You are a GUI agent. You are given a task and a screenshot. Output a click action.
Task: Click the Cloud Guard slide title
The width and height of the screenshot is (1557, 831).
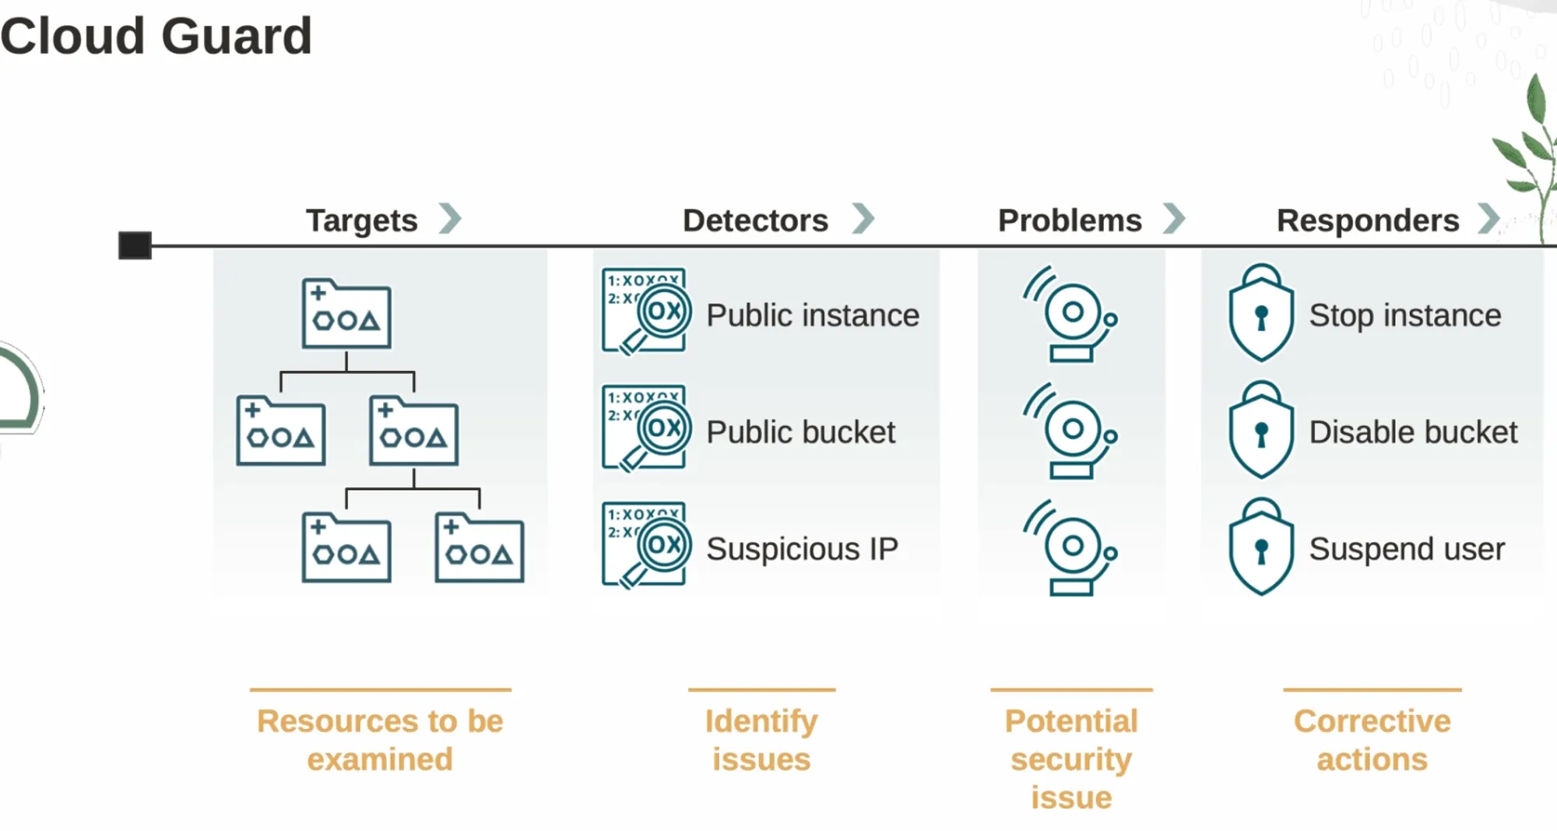click(156, 37)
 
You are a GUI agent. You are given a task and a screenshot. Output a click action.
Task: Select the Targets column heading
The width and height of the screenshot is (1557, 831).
click(362, 220)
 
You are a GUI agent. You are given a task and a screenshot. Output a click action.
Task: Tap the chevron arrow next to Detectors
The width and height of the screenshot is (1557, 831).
click(863, 219)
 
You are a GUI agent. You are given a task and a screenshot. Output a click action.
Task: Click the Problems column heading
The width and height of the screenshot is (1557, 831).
click(1070, 220)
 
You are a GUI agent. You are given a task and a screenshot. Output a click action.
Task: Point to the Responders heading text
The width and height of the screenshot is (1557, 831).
click(1368, 220)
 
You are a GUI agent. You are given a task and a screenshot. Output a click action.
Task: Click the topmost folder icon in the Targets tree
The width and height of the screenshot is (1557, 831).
click(346, 314)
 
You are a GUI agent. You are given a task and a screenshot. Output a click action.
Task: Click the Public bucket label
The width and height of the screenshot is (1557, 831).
click(800, 432)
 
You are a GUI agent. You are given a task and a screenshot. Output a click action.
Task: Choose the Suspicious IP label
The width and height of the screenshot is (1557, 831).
click(802, 549)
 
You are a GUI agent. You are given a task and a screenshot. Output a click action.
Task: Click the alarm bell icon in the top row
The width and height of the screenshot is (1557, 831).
click(1071, 314)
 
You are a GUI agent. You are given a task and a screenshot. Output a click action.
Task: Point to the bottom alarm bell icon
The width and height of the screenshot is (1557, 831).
click(1071, 548)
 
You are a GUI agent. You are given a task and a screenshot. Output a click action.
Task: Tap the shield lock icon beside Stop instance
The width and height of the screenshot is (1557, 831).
click(1261, 314)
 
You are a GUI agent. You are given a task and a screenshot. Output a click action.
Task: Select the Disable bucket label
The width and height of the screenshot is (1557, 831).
click(1413, 432)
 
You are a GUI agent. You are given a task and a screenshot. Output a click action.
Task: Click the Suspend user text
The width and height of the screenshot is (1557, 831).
click(1407, 549)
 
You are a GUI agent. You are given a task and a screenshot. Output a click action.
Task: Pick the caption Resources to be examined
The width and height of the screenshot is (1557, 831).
click(380, 740)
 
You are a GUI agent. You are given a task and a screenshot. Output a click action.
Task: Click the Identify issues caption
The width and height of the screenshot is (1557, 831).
click(761, 740)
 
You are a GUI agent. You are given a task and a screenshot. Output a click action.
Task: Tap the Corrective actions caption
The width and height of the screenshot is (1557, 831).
click(1372, 740)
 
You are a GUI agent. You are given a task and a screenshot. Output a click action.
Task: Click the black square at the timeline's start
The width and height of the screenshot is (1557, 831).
click(135, 245)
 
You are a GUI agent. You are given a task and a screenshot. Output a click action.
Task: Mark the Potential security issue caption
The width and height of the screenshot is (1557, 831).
click(1071, 759)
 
